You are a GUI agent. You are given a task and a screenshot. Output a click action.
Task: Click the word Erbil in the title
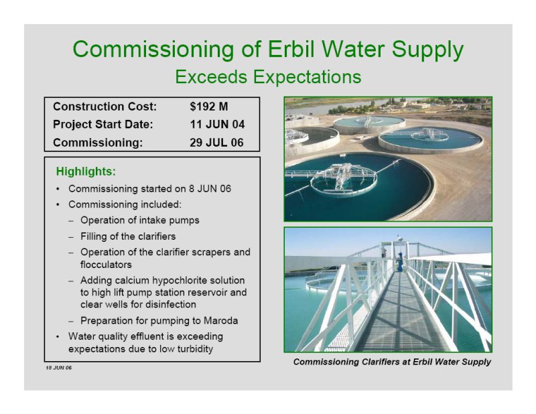292,49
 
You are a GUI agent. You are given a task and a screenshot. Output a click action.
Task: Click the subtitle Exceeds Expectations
268,76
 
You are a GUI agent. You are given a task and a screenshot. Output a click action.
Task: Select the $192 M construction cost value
209,107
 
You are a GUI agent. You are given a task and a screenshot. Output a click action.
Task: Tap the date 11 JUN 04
217,125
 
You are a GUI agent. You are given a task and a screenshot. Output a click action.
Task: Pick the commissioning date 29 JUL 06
216,143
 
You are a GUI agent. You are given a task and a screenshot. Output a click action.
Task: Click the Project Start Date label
103,125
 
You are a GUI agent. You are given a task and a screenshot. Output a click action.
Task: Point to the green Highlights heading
86,171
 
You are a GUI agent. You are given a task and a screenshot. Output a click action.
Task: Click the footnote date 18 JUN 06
59,368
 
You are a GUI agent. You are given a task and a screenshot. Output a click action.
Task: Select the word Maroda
220,321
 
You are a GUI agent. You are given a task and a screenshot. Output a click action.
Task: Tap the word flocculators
106,265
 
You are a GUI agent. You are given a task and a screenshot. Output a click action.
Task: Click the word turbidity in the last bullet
195,349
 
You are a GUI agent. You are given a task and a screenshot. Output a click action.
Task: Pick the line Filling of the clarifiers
128,236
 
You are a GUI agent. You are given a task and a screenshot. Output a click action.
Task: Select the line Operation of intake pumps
140,220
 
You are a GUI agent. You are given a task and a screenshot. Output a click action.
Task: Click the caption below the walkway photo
392,362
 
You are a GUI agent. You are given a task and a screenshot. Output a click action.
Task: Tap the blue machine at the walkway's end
399,262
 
